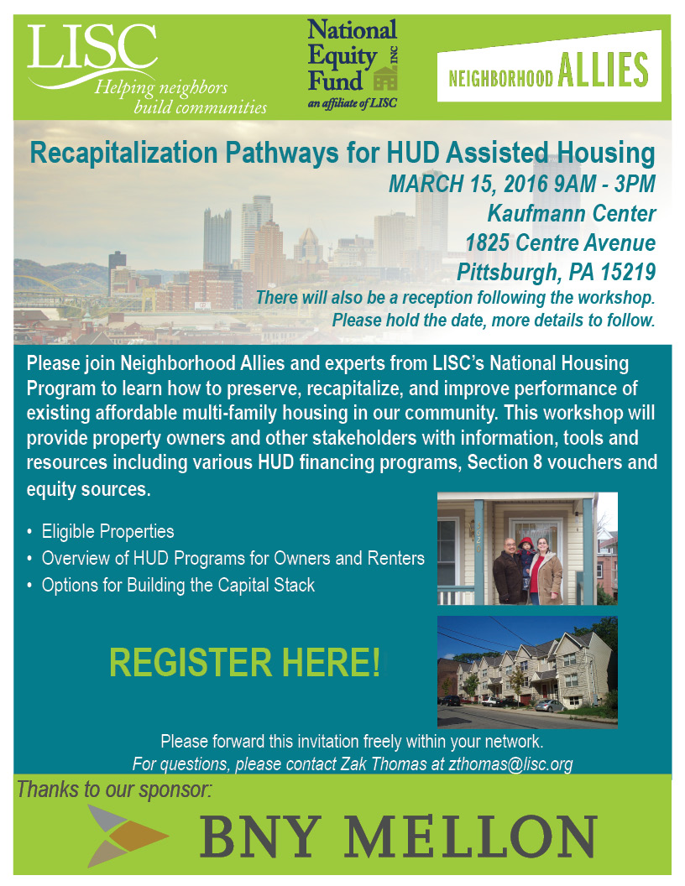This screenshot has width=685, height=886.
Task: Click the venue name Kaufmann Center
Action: (x=570, y=213)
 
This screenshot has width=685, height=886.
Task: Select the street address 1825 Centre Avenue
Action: (x=561, y=243)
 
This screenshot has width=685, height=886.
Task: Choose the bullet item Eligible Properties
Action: (x=107, y=532)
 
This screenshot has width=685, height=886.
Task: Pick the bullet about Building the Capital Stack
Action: (x=178, y=586)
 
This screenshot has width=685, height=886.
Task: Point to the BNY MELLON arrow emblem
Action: (x=126, y=836)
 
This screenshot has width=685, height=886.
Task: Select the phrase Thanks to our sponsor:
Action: (x=115, y=790)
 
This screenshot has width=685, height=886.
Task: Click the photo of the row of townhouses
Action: (x=527, y=671)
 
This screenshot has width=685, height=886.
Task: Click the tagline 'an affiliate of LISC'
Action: (x=352, y=103)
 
